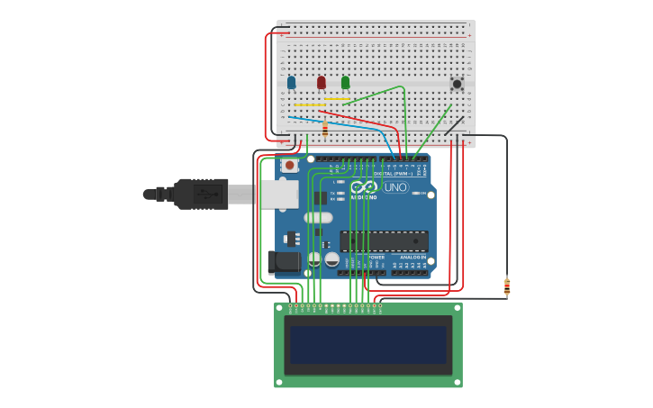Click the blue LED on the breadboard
click(291, 83)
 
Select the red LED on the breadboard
click(321, 83)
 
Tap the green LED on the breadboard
click(345, 83)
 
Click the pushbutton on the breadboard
click(457, 84)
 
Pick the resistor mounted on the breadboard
click(325, 130)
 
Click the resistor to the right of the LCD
click(506, 286)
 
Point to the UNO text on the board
click(395, 187)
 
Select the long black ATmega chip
click(384, 240)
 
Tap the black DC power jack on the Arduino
click(284, 262)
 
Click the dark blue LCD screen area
click(367, 344)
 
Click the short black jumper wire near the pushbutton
click(455, 125)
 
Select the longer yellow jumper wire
click(310, 105)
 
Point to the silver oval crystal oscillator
click(318, 217)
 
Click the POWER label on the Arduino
click(376, 257)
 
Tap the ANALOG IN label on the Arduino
click(413, 257)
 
